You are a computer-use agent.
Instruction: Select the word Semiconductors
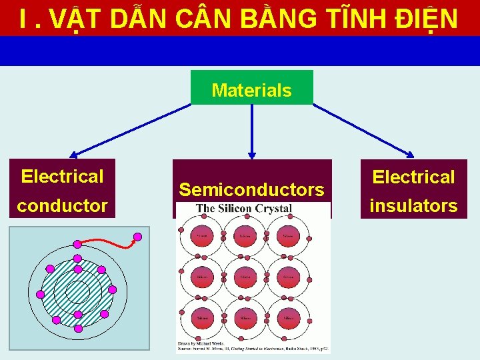251,190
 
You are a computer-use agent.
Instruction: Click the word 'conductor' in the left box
62,205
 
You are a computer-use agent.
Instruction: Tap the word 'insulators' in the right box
413,205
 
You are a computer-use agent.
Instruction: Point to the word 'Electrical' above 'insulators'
413,177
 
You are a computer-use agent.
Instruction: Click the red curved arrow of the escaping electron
110,245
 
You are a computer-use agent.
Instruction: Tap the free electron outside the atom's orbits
138,236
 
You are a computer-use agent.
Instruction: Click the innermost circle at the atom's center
77,289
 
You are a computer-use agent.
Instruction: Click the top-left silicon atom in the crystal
201,237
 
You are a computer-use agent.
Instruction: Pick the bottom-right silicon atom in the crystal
289,319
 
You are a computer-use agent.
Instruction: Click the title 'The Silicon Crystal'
244,209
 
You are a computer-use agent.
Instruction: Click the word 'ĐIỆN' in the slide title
428,19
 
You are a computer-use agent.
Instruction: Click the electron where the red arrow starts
77,243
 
